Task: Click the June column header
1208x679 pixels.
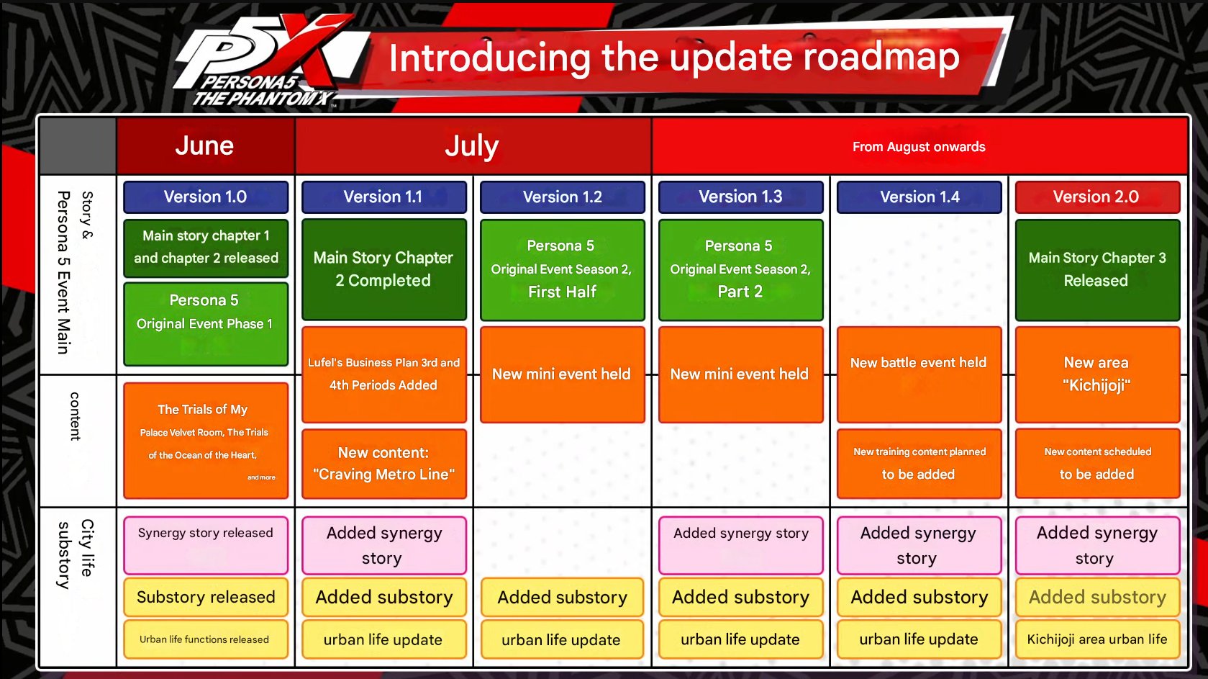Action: (x=205, y=146)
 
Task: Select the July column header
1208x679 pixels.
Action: (x=473, y=146)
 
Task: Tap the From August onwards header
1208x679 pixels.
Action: (x=919, y=146)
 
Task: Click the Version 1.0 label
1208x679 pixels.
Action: (x=206, y=197)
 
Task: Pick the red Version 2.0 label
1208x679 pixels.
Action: (x=1097, y=197)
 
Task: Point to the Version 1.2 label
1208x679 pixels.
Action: (x=563, y=197)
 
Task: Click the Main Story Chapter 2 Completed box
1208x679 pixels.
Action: (x=384, y=269)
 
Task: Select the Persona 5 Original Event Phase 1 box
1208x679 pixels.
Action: (x=206, y=324)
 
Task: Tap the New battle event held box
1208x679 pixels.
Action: (x=919, y=374)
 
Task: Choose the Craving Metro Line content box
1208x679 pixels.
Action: (x=384, y=464)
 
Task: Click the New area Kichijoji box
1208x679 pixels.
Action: (x=1097, y=374)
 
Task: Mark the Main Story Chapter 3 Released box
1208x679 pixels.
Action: (x=1097, y=269)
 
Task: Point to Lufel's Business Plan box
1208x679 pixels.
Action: (x=384, y=374)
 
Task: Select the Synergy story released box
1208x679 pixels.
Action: (x=206, y=545)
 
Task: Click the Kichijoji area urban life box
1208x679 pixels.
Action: (x=1097, y=639)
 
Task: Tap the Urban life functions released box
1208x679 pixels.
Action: (x=206, y=639)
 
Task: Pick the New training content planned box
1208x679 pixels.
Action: (x=919, y=464)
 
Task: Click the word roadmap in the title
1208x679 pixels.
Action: (x=882, y=57)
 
